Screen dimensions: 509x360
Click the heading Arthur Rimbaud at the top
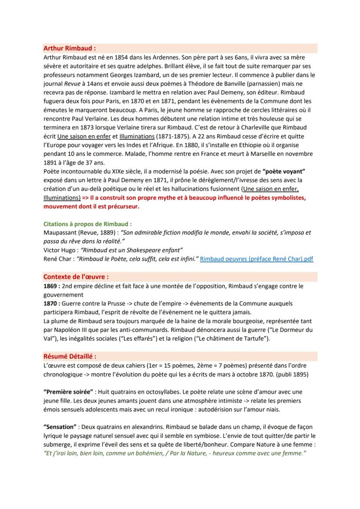[70, 48]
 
